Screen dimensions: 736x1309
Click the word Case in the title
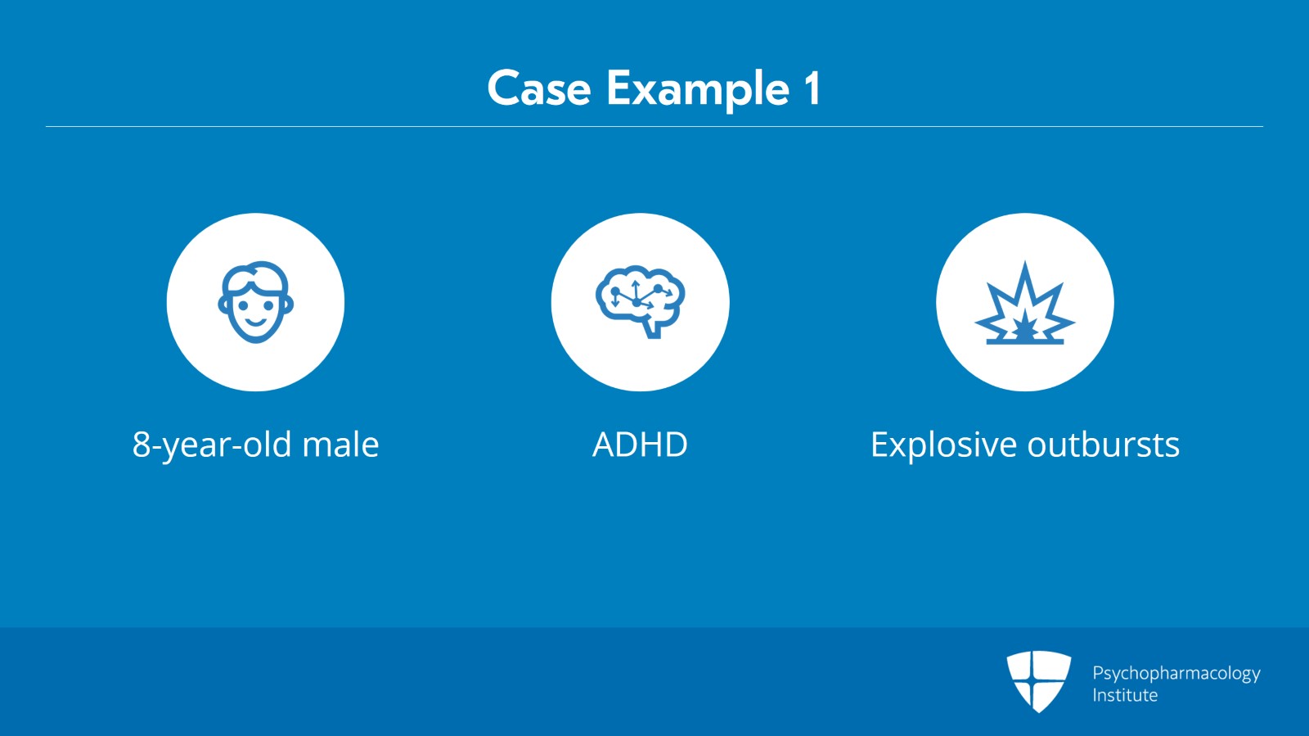538,88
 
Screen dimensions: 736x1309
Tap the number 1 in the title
812,88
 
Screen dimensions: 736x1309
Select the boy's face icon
255,302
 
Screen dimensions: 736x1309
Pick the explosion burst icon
1024,304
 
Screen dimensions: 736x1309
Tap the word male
340,445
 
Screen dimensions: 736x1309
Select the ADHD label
640,445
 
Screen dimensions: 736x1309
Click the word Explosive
943,445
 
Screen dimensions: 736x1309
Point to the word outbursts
1103,445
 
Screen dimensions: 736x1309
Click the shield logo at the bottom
1038,680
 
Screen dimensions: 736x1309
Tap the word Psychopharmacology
1176,674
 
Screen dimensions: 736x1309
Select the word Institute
1125,696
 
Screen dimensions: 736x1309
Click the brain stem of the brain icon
653,329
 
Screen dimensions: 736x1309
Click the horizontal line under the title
654,127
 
